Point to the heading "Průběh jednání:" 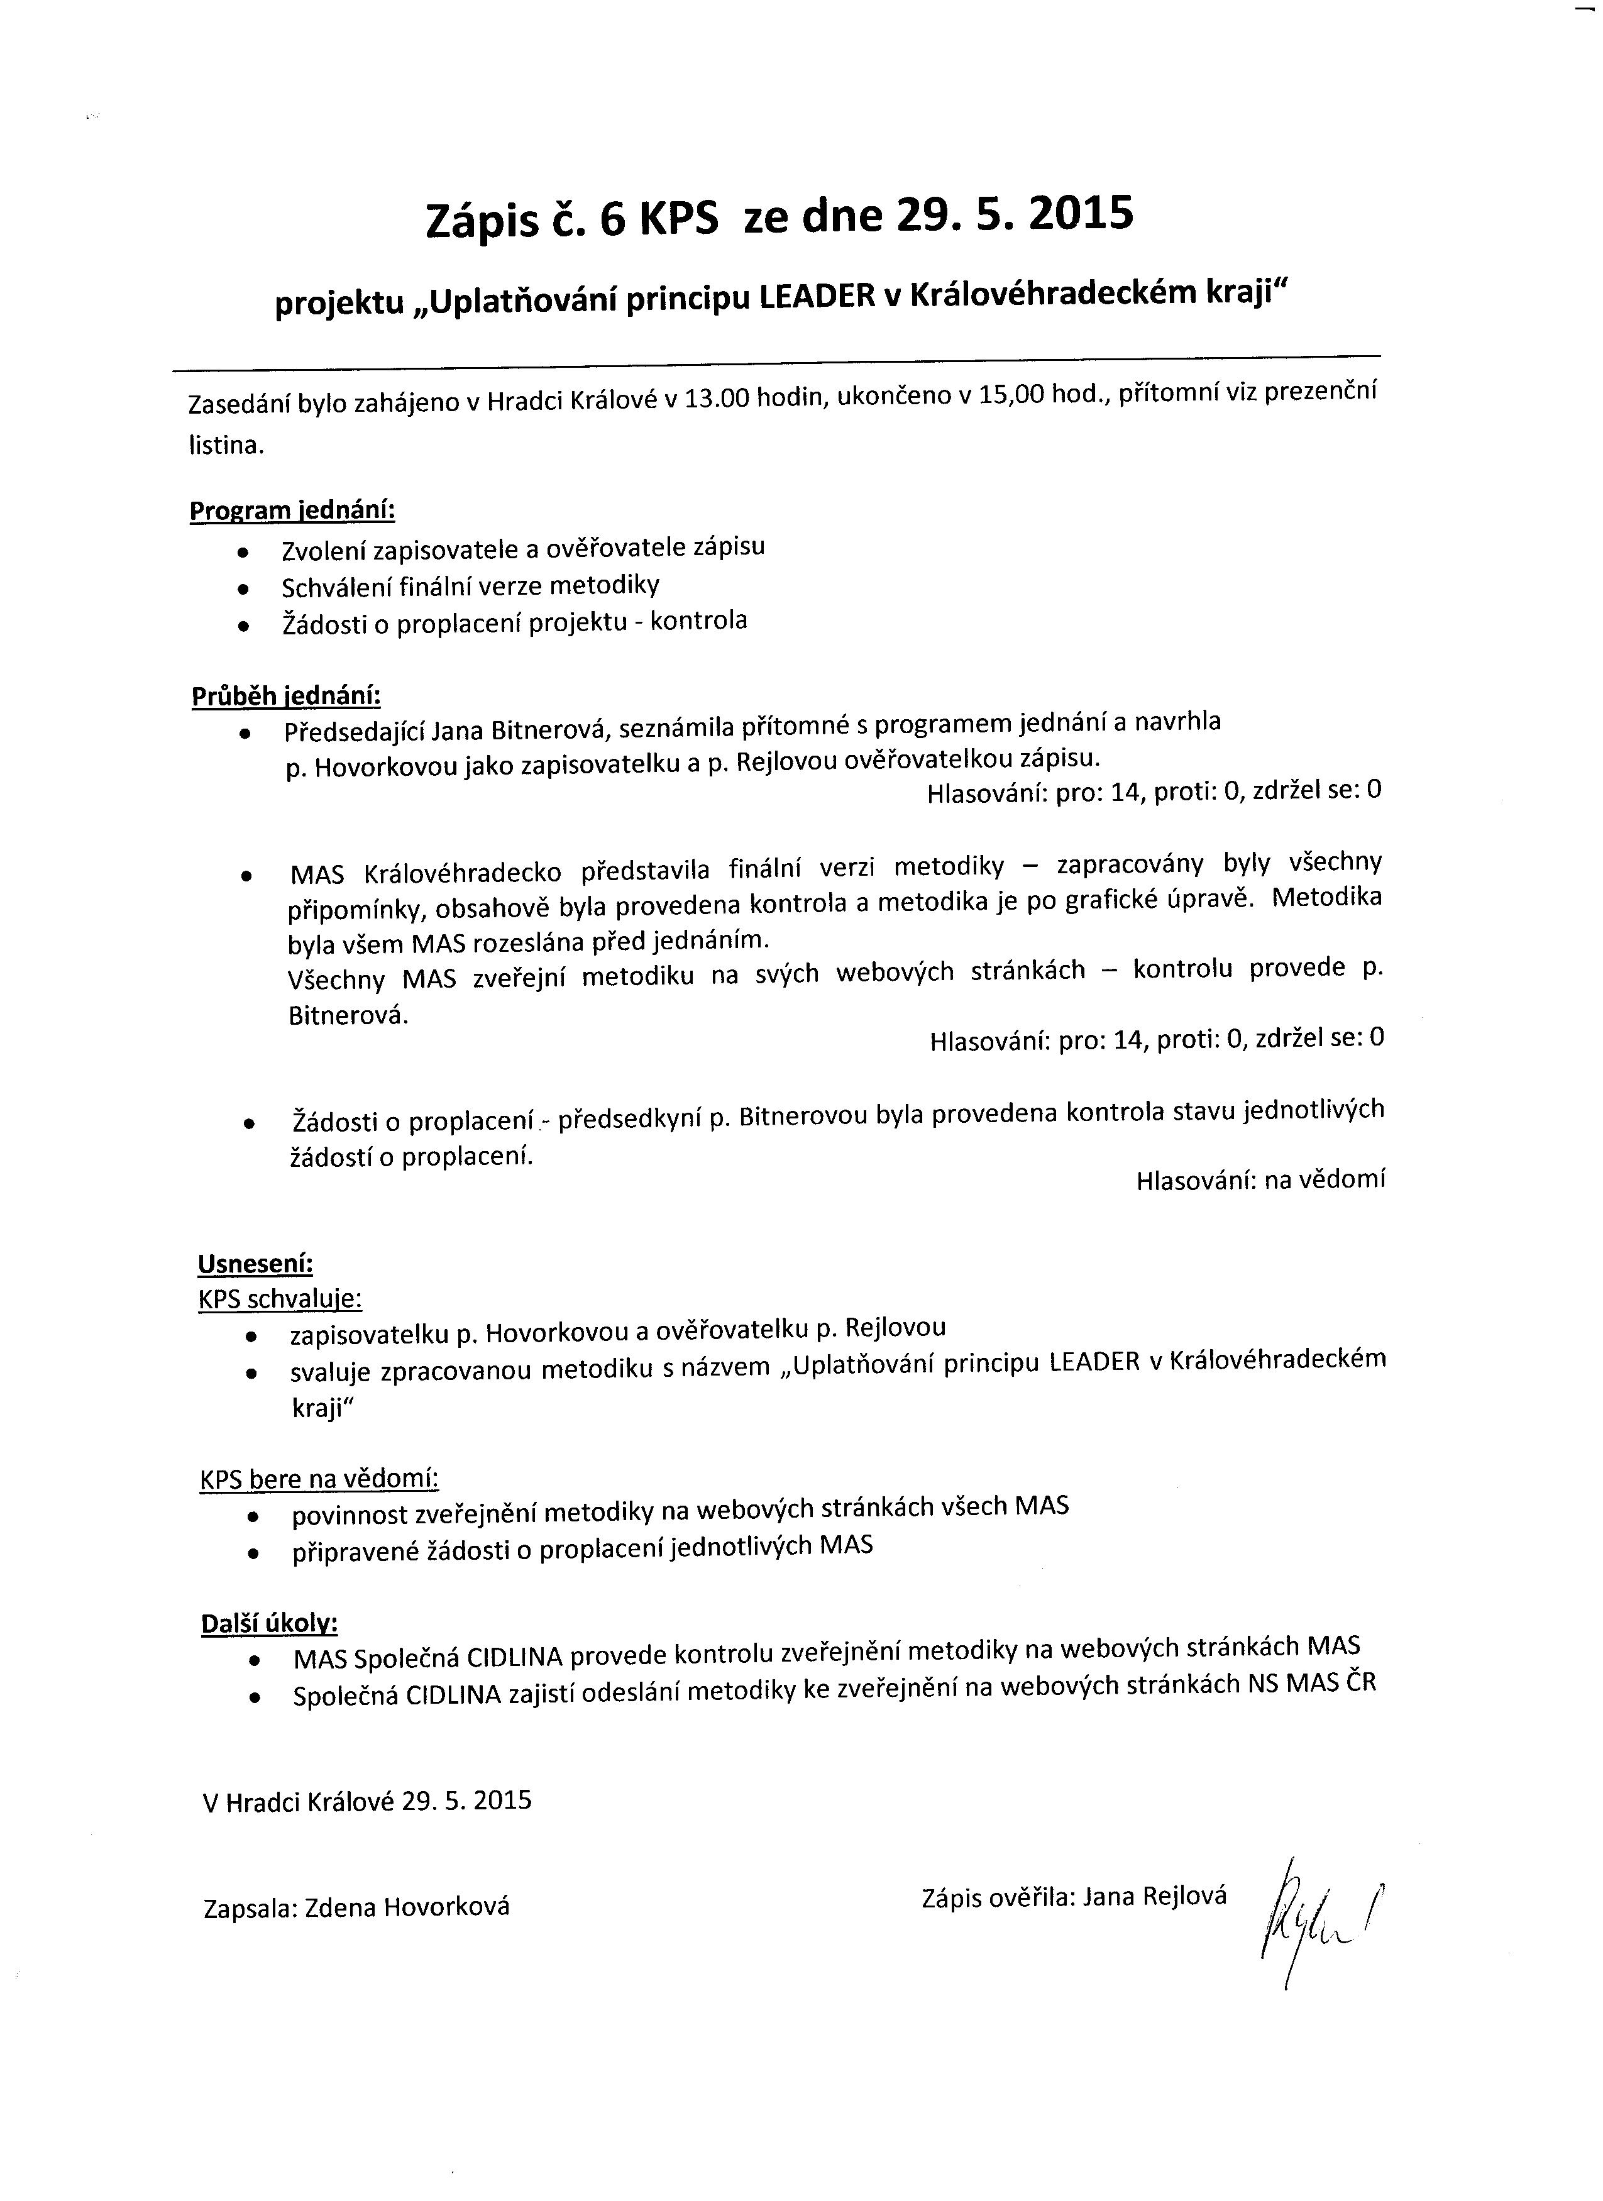click(286, 696)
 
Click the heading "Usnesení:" click(255, 1264)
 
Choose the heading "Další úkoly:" click(269, 1624)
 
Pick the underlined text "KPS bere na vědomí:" click(319, 1479)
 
